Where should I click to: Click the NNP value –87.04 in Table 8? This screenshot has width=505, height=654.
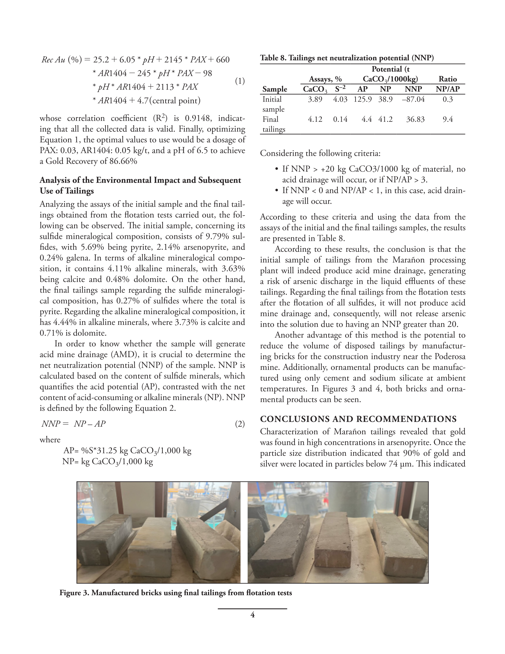pyautogui.click(x=413, y=99)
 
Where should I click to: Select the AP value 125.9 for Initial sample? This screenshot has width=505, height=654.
pyautogui.click(x=363, y=99)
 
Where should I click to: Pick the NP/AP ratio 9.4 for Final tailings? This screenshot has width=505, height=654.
pyautogui.click(x=448, y=120)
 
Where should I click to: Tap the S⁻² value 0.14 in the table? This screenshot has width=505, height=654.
pyautogui.click(x=340, y=120)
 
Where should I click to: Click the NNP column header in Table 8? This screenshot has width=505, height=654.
pyautogui.click(x=413, y=89)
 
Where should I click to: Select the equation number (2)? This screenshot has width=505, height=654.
pyautogui.click(x=240, y=424)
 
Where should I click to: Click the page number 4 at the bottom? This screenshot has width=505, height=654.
pyautogui.click(x=252, y=615)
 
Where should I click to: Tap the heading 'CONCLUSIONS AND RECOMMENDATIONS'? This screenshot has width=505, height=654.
pyautogui.click(x=358, y=419)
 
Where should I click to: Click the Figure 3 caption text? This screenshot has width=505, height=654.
pyautogui.click(x=176, y=593)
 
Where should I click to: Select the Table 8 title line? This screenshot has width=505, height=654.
pyautogui.click(x=347, y=58)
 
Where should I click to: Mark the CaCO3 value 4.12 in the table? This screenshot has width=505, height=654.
pyautogui.click(x=315, y=120)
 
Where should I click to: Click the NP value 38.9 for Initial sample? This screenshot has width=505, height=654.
pyautogui.click(x=385, y=99)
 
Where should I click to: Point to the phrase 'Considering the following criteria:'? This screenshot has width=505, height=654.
pyautogui.click(x=320, y=153)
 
